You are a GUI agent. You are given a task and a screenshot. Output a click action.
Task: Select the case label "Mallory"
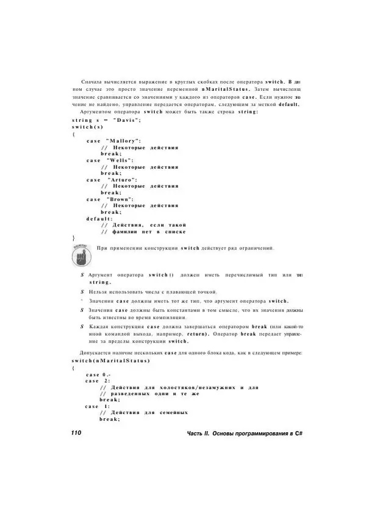pos(124,140)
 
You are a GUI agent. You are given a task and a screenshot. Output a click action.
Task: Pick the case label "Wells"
pos(120,160)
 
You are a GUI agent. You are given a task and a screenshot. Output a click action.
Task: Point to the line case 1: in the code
pos(97,406)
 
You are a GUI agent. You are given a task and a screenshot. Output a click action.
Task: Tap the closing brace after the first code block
pos(73,238)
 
